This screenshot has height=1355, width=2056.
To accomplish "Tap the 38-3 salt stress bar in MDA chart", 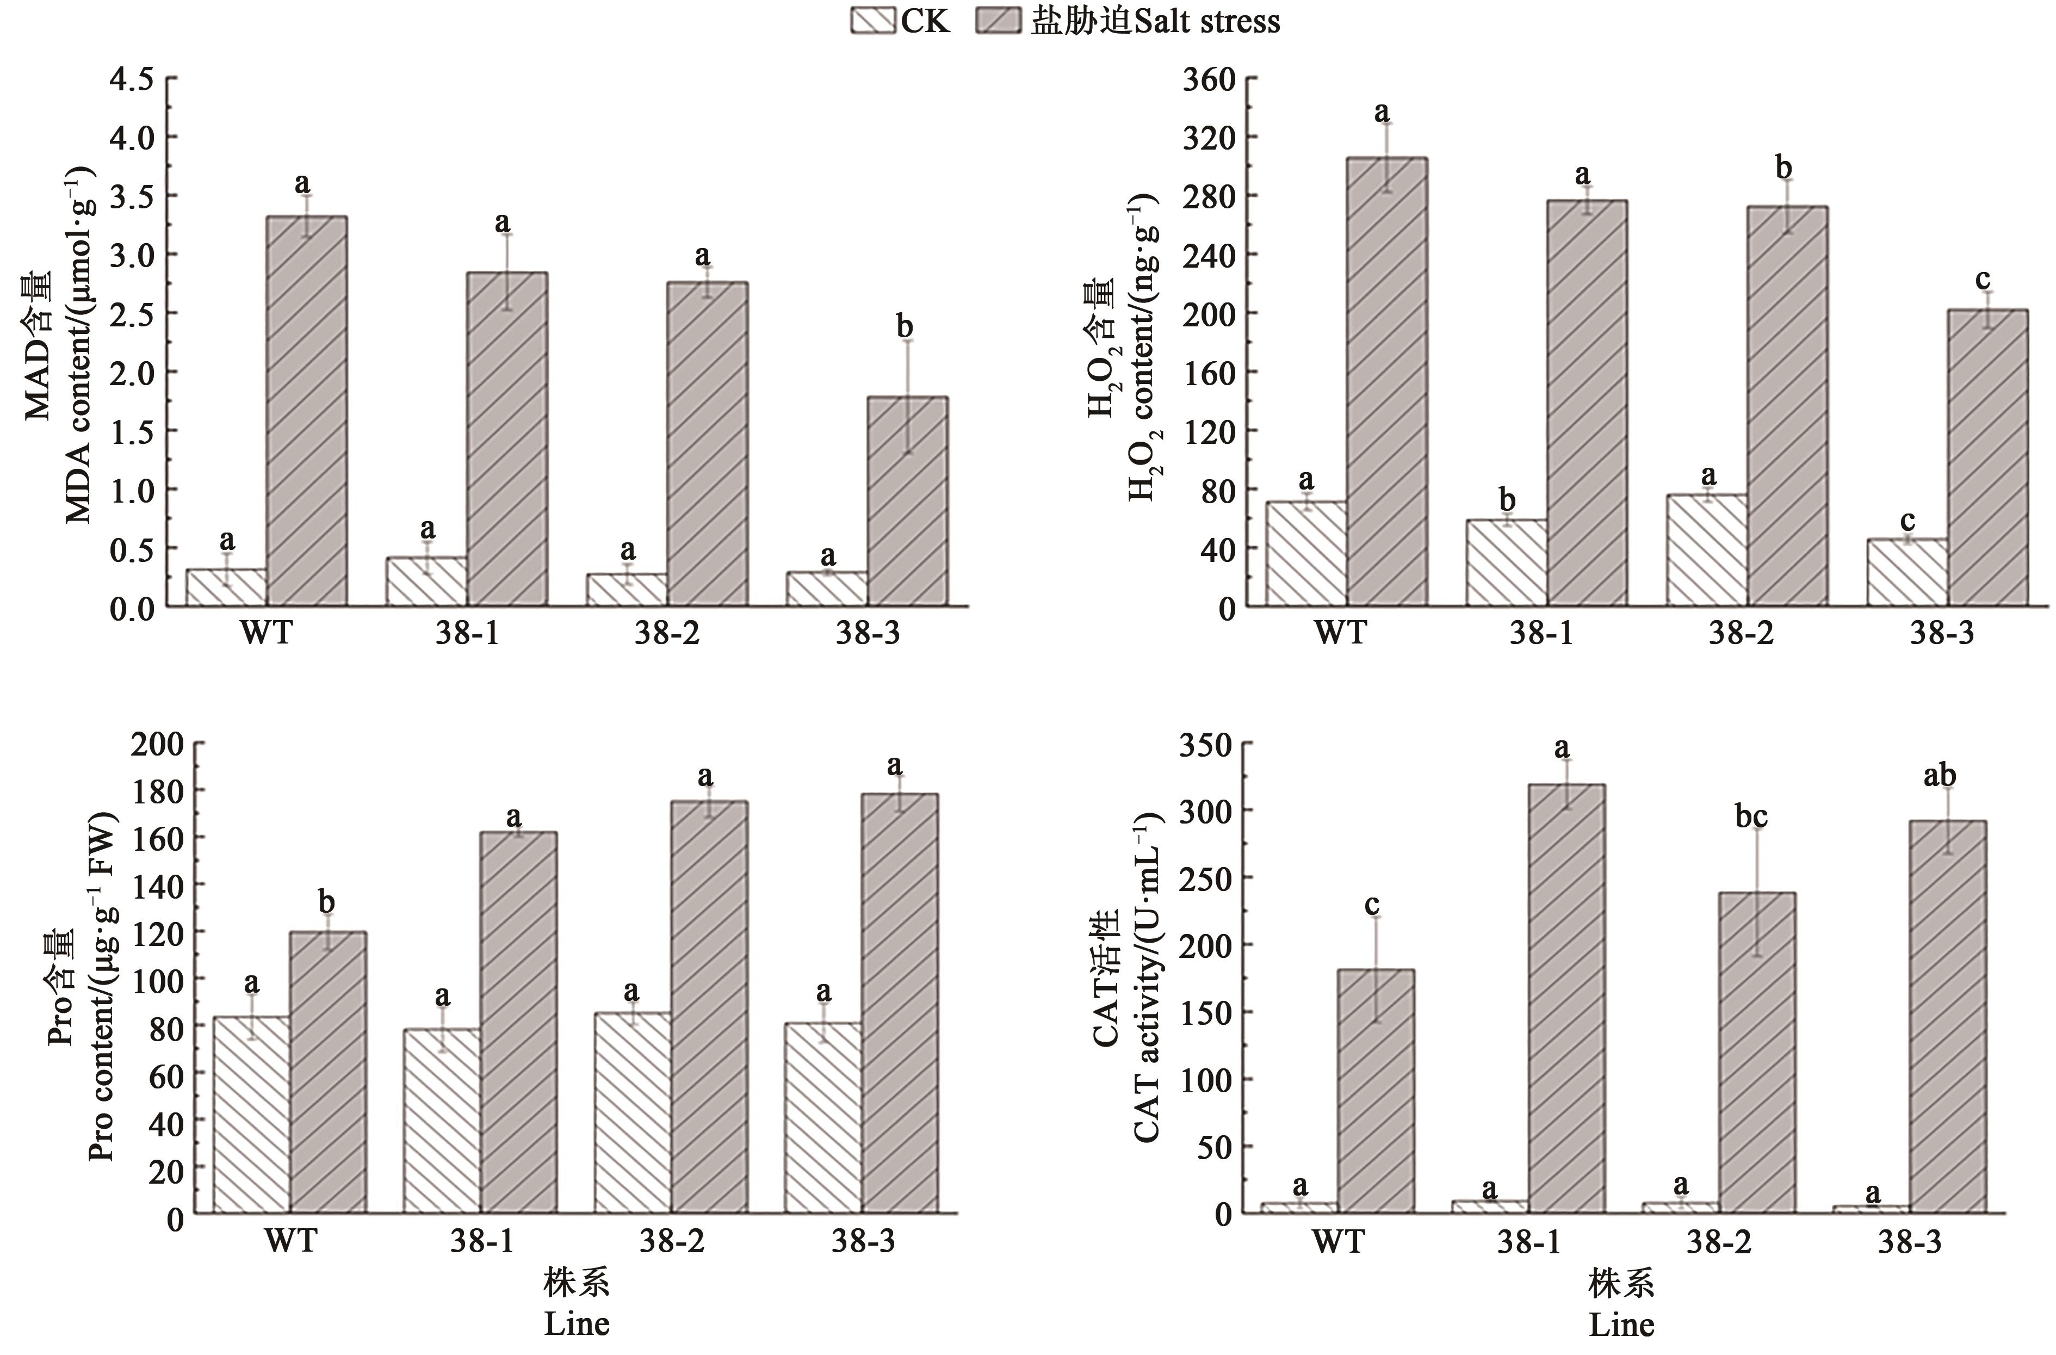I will click(907, 501).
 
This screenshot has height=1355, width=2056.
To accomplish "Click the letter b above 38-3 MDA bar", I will click(905, 327).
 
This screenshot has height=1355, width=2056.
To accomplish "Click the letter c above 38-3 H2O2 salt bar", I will click(1984, 279).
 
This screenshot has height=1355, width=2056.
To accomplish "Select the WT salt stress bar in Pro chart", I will click(327, 1072).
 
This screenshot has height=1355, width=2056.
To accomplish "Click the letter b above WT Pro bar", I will click(326, 902).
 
